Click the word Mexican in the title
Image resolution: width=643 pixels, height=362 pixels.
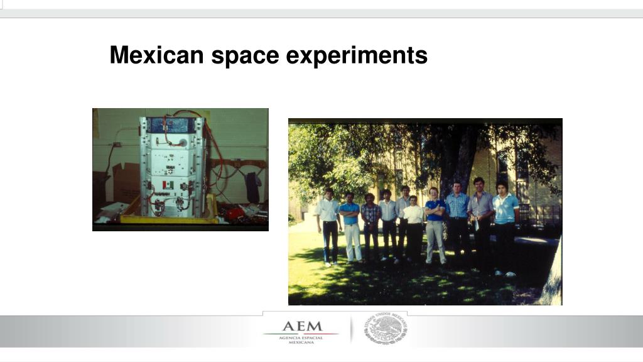157,55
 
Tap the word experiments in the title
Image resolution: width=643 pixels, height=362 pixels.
357,57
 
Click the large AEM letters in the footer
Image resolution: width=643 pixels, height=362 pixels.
301,327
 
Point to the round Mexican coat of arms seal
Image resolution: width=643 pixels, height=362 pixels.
386,329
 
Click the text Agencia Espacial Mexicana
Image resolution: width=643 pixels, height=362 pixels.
301,339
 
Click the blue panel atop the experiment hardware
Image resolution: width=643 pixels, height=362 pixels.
171,124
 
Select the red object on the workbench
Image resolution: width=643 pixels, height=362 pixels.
235,214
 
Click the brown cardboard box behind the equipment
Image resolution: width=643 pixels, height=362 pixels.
126,182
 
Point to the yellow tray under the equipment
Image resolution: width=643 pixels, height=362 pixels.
170,219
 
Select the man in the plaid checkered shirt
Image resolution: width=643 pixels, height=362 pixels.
370,226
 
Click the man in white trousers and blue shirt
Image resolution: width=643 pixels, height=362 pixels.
350,226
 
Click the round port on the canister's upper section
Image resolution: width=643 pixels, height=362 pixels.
184,142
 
